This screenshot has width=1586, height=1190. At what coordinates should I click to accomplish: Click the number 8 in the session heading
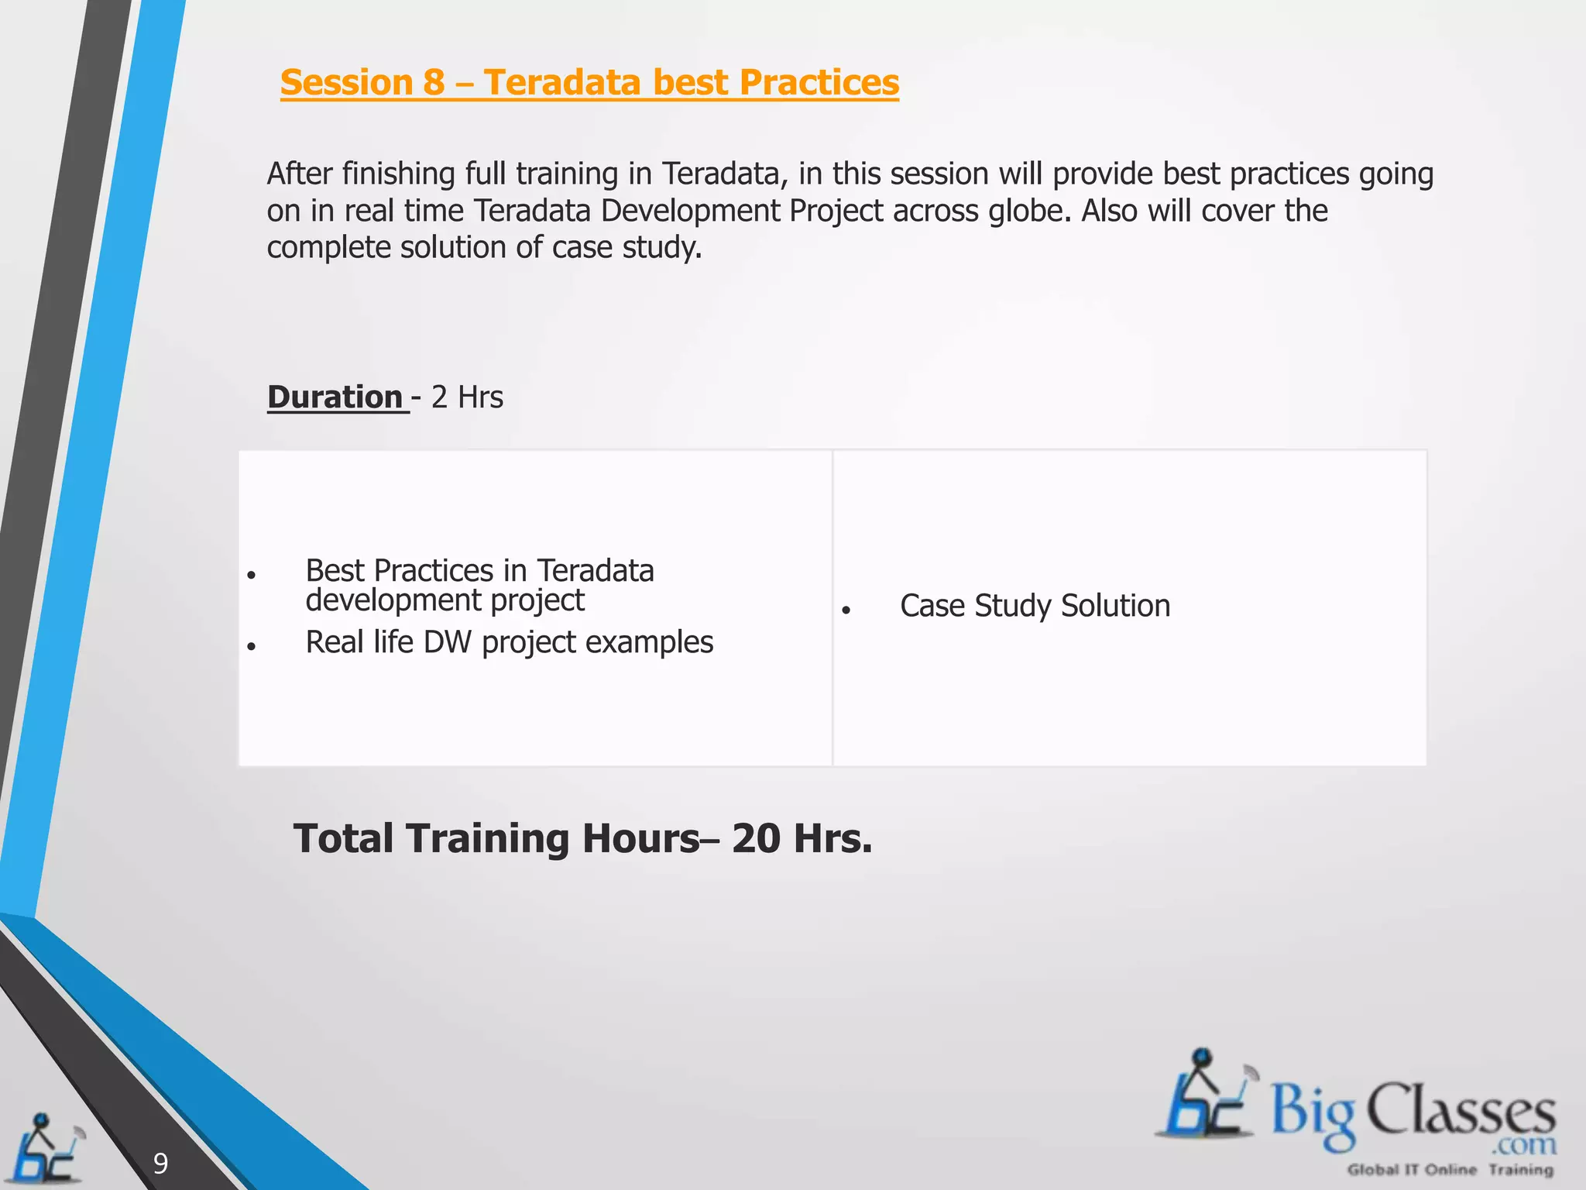click(434, 83)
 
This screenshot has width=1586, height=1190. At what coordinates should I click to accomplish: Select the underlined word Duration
click(335, 397)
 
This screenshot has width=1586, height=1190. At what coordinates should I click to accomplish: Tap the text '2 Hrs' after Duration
click(467, 397)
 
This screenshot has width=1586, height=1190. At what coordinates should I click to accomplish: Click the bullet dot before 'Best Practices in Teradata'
click(251, 576)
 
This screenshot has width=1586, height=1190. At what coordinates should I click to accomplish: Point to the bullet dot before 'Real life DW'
click(251, 646)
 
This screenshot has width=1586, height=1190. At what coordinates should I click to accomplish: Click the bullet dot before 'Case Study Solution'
click(846, 610)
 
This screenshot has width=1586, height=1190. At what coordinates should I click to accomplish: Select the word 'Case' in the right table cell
click(932, 606)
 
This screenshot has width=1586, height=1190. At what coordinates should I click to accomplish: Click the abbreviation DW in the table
click(448, 642)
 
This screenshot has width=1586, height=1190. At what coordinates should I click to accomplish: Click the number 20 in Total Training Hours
click(756, 839)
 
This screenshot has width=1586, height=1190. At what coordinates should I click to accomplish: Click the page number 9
click(160, 1163)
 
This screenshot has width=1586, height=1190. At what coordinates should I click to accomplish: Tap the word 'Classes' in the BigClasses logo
click(1461, 1110)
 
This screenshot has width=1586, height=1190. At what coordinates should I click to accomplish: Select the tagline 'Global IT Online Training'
click(1450, 1170)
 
